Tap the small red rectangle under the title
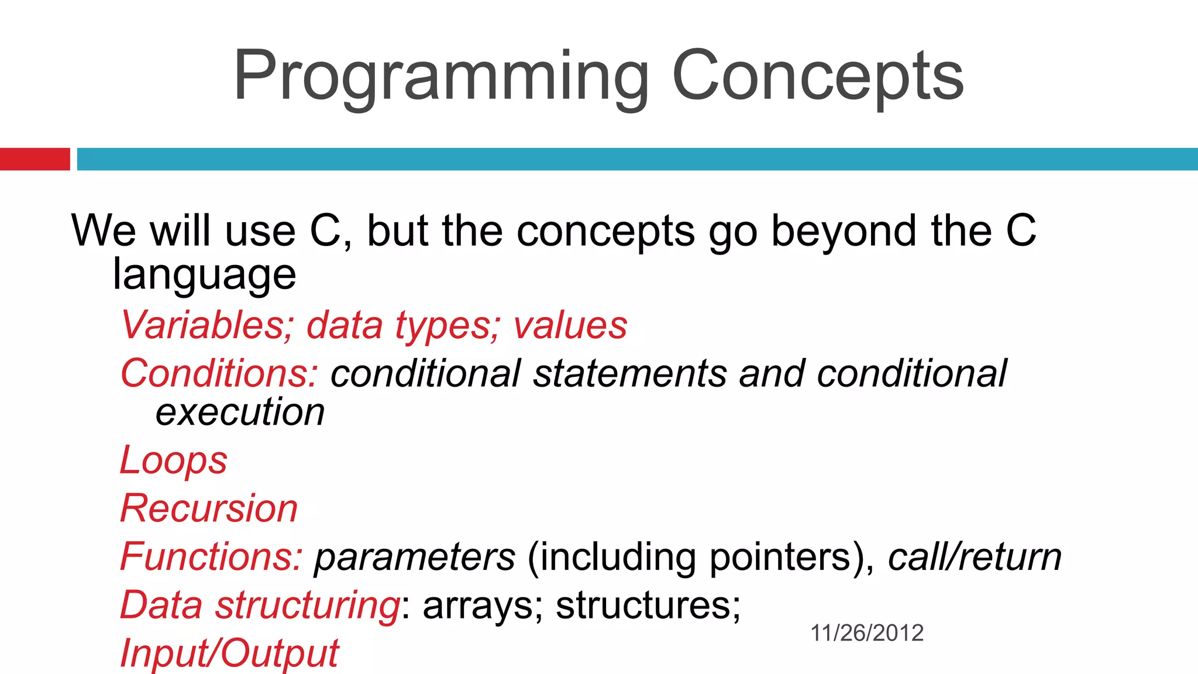pos(35,159)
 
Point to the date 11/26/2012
pos(866,633)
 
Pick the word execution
pos(240,412)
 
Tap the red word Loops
pos(173,460)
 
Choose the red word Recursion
pos(209,508)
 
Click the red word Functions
pos(211,556)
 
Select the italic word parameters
pos(415,558)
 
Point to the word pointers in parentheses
pos(780,558)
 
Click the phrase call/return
pos(975,558)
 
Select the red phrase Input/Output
pos(229,653)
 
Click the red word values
pos(570,325)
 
